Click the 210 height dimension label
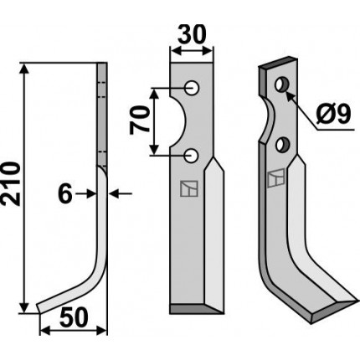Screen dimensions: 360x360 coord(12,184)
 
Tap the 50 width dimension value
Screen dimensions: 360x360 coord(74,318)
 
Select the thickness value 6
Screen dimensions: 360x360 coord(65,194)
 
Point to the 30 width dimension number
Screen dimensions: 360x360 coord(192,34)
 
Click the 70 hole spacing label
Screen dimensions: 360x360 coord(140,121)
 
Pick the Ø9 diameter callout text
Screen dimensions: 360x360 coord(333,116)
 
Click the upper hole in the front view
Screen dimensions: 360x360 coord(192,88)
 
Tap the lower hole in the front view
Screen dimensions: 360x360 coord(192,156)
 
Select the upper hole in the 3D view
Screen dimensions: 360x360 coord(282,85)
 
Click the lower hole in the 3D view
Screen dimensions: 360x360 coord(282,145)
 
